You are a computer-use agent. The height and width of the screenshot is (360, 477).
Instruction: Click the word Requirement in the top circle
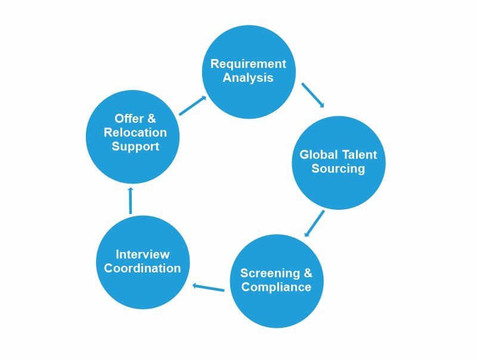(x=248, y=64)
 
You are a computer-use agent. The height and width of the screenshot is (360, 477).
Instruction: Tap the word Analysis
(x=248, y=77)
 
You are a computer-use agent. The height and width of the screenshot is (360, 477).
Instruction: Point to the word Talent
(x=359, y=155)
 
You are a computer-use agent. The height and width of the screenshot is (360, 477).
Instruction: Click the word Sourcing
(x=338, y=169)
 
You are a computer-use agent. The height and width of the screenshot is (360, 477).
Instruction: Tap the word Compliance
(x=275, y=287)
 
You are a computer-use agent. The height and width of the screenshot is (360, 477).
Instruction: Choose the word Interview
(x=143, y=255)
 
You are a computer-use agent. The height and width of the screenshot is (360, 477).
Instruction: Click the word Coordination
(x=143, y=268)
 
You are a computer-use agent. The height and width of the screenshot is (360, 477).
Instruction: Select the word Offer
(x=127, y=119)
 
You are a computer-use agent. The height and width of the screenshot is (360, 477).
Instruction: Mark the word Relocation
(x=135, y=132)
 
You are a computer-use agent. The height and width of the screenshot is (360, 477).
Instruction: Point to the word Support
(x=135, y=146)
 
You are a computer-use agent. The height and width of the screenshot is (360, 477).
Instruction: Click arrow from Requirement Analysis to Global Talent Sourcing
(x=313, y=95)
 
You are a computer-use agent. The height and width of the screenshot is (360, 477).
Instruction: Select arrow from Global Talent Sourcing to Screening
(x=315, y=223)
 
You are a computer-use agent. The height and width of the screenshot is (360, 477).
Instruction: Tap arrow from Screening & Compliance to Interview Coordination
(x=208, y=288)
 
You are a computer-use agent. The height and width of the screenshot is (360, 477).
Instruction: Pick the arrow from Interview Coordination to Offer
(x=131, y=201)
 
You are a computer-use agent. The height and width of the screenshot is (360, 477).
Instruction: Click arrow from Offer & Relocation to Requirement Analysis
(x=193, y=105)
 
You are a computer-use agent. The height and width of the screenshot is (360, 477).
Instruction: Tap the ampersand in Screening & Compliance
(x=307, y=274)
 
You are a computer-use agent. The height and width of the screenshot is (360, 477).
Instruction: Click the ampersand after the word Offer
(x=151, y=119)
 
